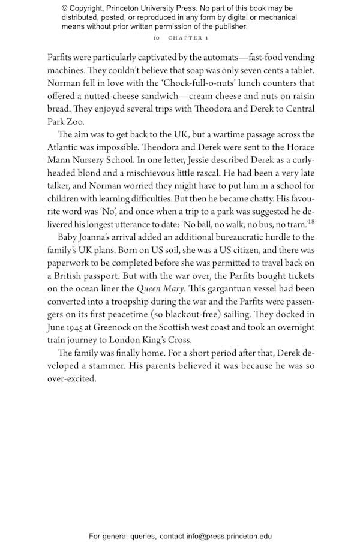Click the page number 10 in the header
coord(156,38)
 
